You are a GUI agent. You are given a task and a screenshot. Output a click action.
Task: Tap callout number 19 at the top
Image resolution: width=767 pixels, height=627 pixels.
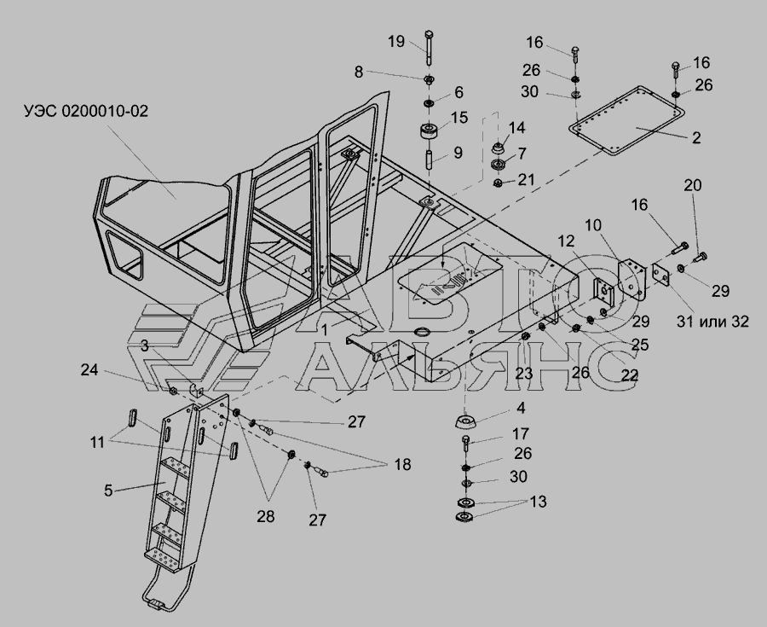point(397,42)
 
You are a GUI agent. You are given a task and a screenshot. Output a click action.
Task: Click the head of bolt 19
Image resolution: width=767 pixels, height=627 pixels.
point(429,37)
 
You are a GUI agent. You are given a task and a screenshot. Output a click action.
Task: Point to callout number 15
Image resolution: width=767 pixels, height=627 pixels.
point(458,117)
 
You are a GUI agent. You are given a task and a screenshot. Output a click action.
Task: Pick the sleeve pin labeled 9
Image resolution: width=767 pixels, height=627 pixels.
point(430,158)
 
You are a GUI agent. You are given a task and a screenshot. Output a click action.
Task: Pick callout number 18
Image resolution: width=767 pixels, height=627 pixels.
point(401,465)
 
